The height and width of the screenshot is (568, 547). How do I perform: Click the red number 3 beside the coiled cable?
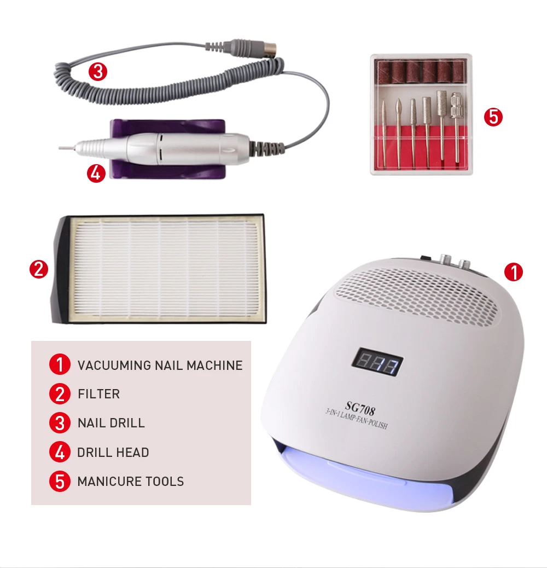[x=98, y=72]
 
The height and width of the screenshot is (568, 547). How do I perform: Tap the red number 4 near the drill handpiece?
[x=96, y=173]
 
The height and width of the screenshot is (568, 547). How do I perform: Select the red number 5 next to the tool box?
[x=493, y=117]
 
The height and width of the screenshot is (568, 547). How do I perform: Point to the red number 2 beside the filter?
[x=39, y=270]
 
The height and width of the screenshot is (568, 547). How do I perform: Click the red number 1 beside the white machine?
[x=513, y=272]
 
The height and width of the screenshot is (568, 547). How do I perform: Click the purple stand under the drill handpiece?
[x=167, y=149]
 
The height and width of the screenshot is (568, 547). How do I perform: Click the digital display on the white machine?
[x=377, y=362]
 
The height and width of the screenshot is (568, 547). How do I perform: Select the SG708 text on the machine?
[x=360, y=408]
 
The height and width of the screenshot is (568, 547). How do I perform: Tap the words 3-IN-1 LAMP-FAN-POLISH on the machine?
[x=357, y=419]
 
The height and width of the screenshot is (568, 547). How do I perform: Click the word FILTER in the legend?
[x=99, y=394]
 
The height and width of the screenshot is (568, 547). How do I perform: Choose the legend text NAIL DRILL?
[x=111, y=423]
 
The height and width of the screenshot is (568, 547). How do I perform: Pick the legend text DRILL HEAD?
[x=113, y=453]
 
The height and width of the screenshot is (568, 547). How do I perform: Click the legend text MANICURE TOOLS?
[x=131, y=482]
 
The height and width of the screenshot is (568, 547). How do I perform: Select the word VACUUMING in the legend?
[x=114, y=365]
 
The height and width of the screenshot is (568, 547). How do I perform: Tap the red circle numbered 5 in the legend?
[x=60, y=482]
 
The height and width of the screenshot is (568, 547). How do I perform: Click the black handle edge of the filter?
[x=61, y=270]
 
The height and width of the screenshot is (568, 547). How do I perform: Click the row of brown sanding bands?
[x=421, y=72]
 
